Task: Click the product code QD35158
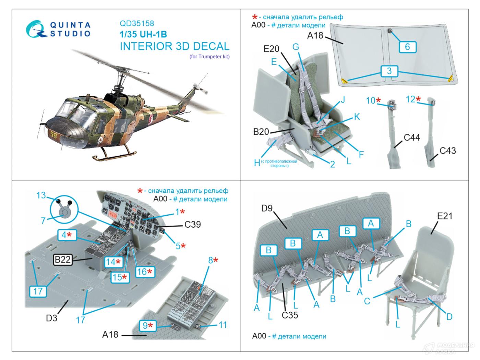pyautogui.click(x=137, y=24)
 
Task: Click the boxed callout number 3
pyautogui.click(x=389, y=71)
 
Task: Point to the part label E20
pyautogui.click(x=271, y=49)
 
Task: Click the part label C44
pyautogui.click(x=412, y=138)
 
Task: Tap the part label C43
pyautogui.click(x=447, y=151)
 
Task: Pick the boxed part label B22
pyautogui.click(x=62, y=260)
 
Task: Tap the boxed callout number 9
pyautogui.click(x=147, y=325)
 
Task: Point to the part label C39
pyautogui.click(x=192, y=225)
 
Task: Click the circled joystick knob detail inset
pyautogui.click(x=64, y=211)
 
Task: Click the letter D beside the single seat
pyautogui.click(x=449, y=317)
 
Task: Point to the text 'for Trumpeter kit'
pyautogui.click(x=209, y=57)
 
